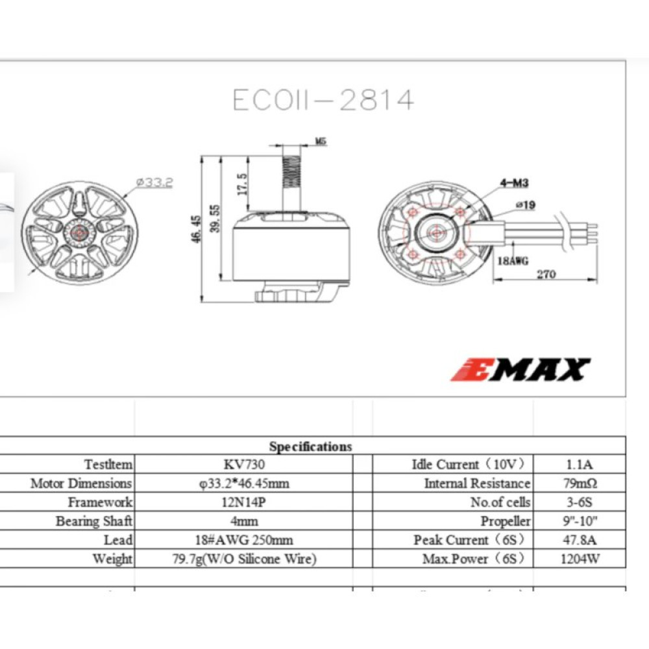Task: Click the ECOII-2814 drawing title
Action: tap(323, 100)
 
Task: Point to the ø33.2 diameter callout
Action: tap(154, 183)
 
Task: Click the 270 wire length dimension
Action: tap(546, 274)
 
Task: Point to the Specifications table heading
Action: tap(310, 447)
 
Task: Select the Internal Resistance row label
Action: tap(477, 484)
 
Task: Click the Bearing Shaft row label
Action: tap(94, 521)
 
